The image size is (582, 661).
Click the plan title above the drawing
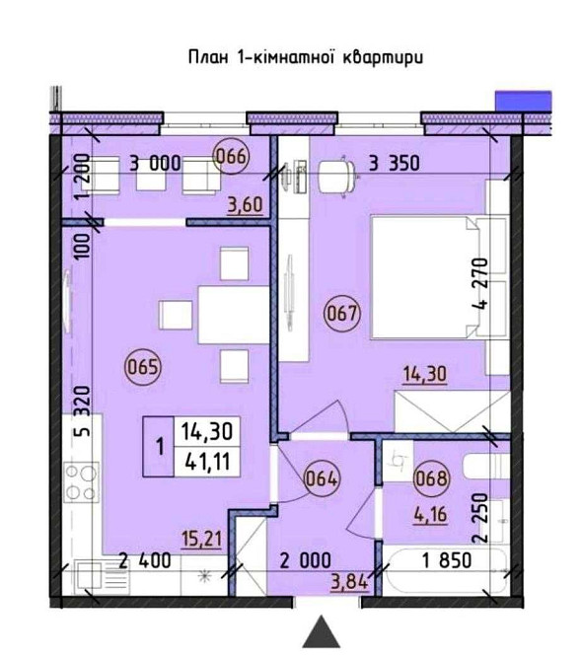[x=306, y=57]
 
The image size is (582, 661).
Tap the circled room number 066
[x=232, y=156]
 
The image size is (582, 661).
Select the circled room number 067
[x=342, y=313]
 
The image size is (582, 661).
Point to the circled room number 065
[x=143, y=367]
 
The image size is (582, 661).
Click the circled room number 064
[x=322, y=478]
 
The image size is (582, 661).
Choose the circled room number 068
[x=431, y=478]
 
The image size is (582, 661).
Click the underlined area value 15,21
[x=201, y=540]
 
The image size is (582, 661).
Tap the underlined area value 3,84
[x=350, y=583]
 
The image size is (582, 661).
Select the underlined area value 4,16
[x=429, y=515]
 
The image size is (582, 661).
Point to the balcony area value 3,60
[x=246, y=206]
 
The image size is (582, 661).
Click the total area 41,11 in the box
[x=207, y=462]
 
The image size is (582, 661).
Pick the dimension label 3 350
[x=394, y=163]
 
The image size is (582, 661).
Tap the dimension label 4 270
[x=480, y=283]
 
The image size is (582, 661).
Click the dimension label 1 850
[x=447, y=560]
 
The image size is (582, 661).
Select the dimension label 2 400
[x=145, y=561]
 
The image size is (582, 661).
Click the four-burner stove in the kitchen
[x=81, y=482]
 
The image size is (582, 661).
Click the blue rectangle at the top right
[x=524, y=102]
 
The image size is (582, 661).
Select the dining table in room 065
[x=234, y=315]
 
